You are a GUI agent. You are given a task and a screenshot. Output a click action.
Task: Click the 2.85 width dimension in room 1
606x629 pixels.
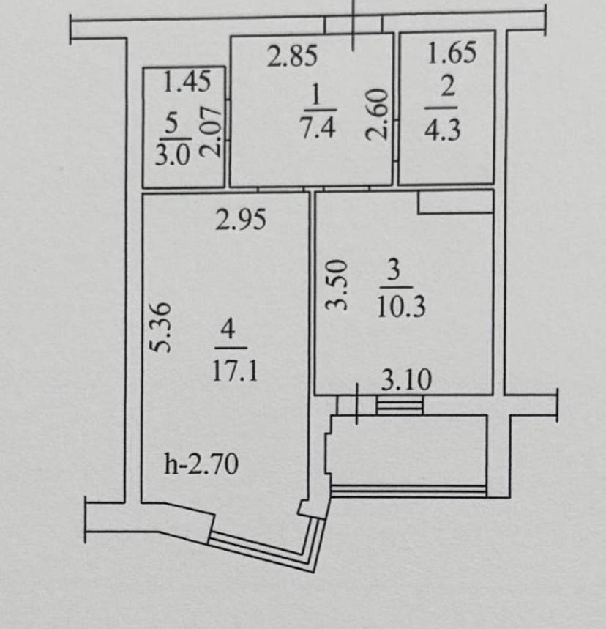[x=292, y=56]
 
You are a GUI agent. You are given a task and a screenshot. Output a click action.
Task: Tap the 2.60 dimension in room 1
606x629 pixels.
[x=378, y=114]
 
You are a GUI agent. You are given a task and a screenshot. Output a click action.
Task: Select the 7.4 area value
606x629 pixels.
[x=318, y=128]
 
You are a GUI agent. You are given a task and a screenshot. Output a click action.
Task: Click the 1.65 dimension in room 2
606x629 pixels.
[x=452, y=53]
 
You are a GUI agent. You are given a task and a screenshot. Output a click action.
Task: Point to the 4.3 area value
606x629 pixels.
[x=442, y=130]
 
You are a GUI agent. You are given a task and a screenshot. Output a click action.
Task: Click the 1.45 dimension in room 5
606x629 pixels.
[x=187, y=81]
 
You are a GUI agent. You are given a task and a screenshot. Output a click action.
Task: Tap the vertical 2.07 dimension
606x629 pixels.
[x=211, y=132]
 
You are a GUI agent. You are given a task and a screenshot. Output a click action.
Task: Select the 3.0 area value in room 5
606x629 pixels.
[x=173, y=155]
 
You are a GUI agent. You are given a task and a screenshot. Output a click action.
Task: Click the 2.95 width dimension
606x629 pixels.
[x=241, y=220]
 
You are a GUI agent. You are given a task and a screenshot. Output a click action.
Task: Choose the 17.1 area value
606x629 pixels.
[x=235, y=371]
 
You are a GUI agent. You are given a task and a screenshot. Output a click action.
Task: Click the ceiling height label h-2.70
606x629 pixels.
[x=201, y=464]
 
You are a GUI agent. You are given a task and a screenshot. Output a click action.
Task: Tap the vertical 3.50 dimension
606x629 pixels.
[x=336, y=285]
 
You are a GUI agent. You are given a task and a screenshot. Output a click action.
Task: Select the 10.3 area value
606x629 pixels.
[x=402, y=308]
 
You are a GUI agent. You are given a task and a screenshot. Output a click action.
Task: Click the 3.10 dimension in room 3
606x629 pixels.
[x=406, y=379]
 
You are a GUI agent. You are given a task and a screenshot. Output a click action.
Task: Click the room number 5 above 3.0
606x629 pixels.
[x=172, y=123]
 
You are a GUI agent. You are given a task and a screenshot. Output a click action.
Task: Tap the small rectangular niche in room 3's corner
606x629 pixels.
[x=456, y=203]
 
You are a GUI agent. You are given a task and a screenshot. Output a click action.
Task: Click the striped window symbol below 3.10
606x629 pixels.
[x=400, y=405]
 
